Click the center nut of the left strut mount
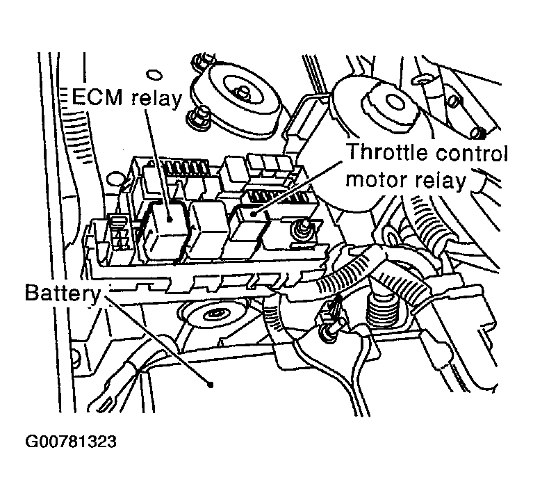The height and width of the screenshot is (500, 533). [243, 91]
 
